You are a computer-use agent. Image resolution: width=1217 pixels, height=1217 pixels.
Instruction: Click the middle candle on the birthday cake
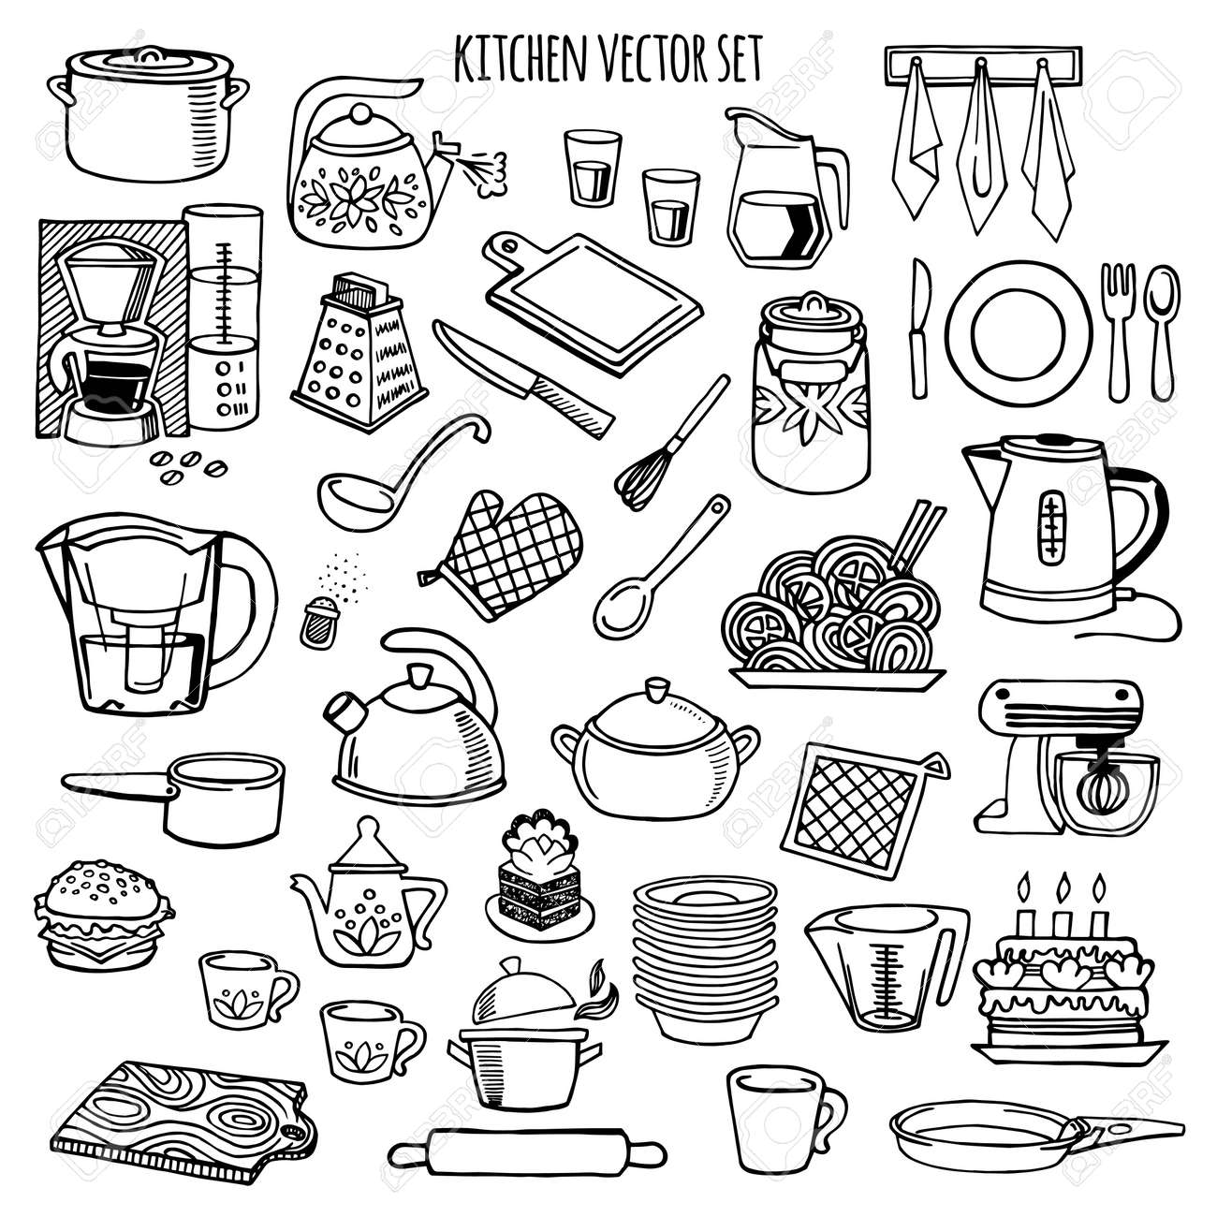(1061, 908)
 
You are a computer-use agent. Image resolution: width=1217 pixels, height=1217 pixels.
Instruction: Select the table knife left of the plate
(920, 328)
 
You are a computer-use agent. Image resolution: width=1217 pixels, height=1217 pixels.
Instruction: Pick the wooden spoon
(655, 571)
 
